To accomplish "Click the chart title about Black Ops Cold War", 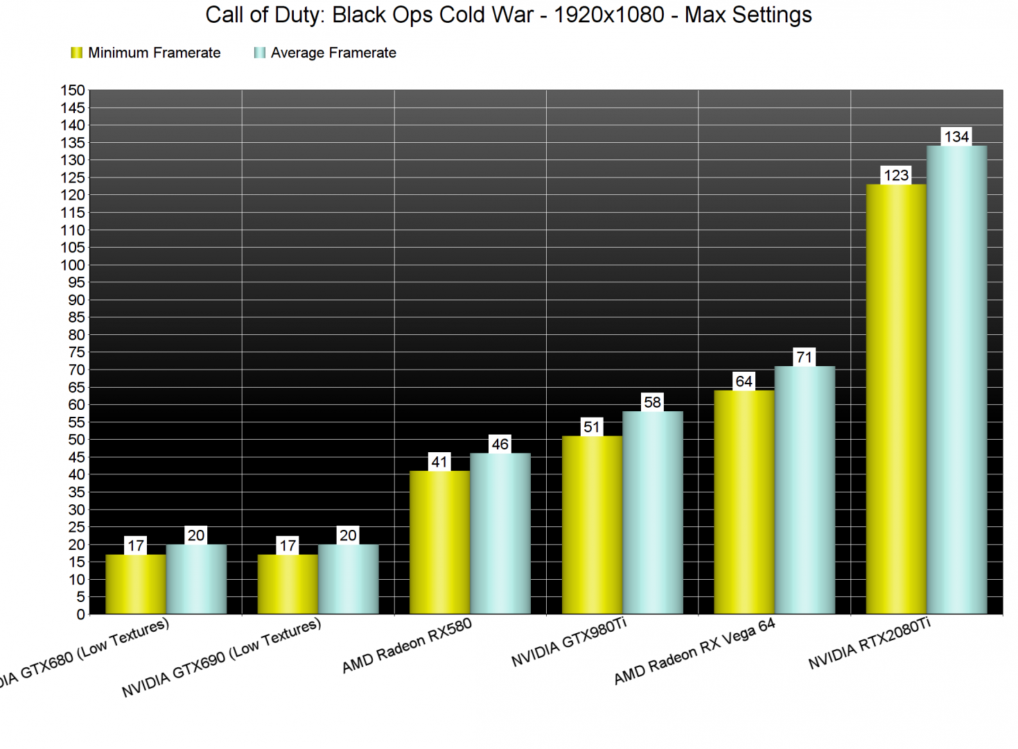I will (509, 15).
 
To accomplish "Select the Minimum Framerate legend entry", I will (146, 53).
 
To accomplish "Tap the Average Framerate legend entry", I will (326, 53).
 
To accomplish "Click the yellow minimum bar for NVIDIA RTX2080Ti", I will (896, 399).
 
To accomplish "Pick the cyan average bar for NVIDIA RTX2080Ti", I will (956, 379).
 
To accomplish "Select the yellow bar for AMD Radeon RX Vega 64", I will (744, 502).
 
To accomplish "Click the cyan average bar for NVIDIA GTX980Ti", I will (652, 513).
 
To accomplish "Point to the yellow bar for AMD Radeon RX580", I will (439, 542).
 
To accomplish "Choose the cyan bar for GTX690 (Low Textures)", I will (348, 579).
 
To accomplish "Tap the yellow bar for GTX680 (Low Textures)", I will (136, 584).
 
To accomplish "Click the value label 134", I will (956, 137).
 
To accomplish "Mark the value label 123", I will (896, 175).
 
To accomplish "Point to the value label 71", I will (804, 357).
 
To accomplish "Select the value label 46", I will (500, 445).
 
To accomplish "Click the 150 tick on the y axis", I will (73, 90).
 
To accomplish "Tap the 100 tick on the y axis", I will (73, 265).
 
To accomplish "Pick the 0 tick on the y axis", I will (80, 614).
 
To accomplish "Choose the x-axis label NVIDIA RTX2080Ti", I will (870, 644).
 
